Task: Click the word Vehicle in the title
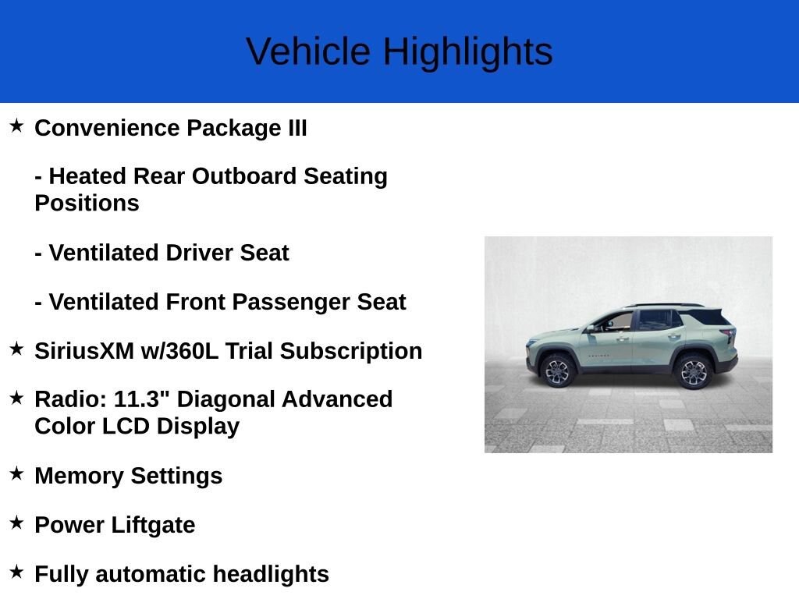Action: click(308, 51)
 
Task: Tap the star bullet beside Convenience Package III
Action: click(16, 126)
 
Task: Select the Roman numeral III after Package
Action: click(297, 128)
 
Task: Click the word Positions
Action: click(87, 204)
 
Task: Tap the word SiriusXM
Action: click(84, 351)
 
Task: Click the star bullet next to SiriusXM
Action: click(16, 349)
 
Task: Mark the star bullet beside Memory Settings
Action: click(16, 473)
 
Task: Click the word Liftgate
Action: click(153, 525)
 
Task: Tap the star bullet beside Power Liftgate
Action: click(16, 523)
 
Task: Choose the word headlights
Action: click(271, 574)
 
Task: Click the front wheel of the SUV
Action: click(557, 370)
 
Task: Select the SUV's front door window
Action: click(615, 322)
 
